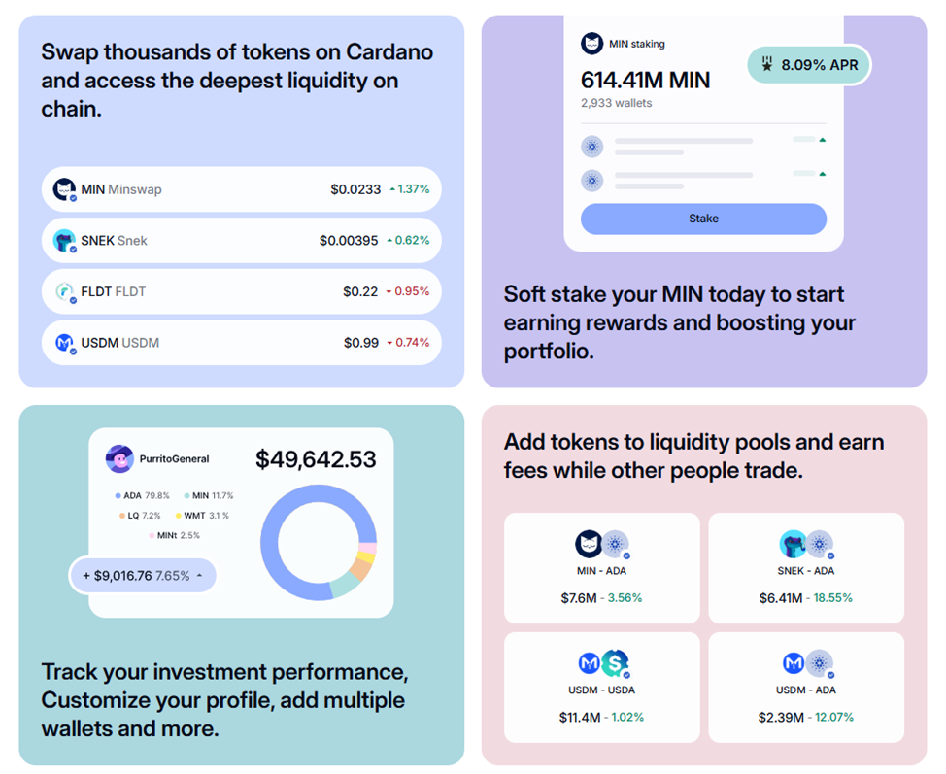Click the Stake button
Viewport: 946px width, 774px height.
[703, 219]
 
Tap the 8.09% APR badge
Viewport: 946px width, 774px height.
[809, 66]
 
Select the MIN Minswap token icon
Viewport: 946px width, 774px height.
[64, 189]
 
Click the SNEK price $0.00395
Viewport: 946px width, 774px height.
[349, 240]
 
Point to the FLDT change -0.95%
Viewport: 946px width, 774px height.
[408, 291]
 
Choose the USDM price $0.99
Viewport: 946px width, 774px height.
[360, 343]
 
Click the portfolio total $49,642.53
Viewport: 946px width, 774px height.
[316, 459]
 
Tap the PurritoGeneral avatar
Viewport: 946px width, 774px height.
[119, 458]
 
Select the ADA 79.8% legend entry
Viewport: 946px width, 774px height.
[143, 496]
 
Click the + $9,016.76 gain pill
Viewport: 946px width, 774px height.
[142, 576]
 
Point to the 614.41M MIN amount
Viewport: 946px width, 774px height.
[645, 80]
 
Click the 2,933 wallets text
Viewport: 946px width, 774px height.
[617, 103]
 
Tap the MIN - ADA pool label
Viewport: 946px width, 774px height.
[601, 571]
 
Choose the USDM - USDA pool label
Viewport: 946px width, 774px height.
[601, 690]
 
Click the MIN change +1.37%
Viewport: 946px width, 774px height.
[409, 189]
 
